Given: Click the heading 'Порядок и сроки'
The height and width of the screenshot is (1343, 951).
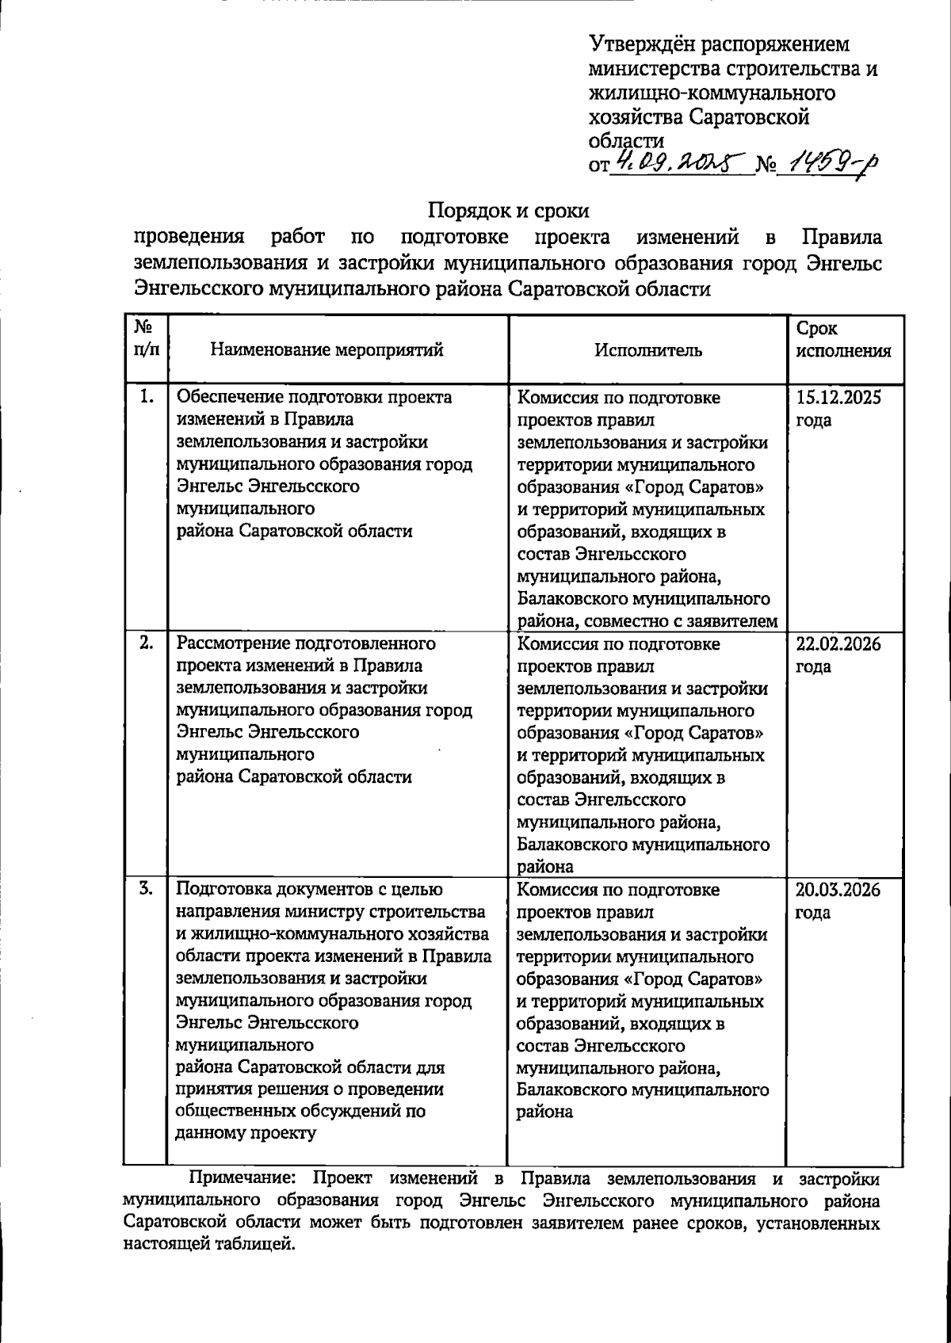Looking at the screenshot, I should point(509,211).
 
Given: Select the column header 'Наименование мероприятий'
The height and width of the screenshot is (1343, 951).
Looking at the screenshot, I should point(327,350).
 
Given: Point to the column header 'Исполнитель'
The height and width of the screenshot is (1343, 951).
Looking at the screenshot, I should point(648,350).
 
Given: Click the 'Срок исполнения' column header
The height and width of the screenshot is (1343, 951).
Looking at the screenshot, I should point(843,340).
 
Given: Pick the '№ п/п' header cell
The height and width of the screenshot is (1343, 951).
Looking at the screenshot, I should point(145,338).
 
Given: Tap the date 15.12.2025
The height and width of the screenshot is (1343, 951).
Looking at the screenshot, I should point(838,398).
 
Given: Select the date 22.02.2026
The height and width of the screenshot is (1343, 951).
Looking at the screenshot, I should point(838,643).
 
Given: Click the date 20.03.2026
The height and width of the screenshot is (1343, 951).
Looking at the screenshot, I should point(838,890).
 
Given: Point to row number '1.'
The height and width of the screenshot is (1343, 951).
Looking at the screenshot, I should point(146,397).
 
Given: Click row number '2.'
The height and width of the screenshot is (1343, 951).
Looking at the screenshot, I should point(146,643).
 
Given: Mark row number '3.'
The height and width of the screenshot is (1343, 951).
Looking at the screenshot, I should point(146,889).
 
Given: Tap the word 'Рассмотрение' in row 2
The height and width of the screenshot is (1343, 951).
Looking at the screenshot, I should point(232,643).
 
